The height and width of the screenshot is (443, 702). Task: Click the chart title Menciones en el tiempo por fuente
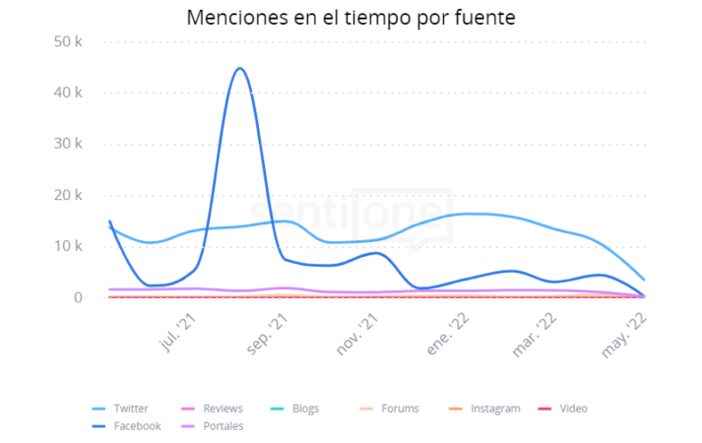[x=351, y=18]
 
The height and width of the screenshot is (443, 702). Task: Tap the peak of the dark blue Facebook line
[x=239, y=69]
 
